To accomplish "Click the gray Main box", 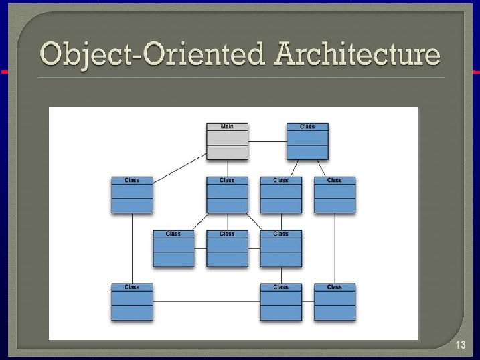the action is pyautogui.click(x=227, y=142).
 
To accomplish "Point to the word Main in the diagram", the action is pyautogui.click(x=227, y=126).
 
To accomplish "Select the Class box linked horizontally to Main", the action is pyautogui.click(x=307, y=142).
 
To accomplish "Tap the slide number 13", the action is pyautogui.click(x=460, y=345).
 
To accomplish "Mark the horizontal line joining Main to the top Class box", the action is pyautogui.click(x=267, y=141).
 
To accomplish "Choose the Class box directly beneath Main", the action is pyautogui.click(x=227, y=195).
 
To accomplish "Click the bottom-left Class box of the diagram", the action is pyautogui.click(x=132, y=302).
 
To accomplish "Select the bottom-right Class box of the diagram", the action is pyautogui.click(x=335, y=302).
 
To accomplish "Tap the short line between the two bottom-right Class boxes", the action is pyautogui.click(x=308, y=302).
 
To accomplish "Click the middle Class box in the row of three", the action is pyautogui.click(x=227, y=249).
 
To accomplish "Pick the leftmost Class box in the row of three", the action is pyautogui.click(x=173, y=249).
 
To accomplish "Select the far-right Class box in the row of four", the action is pyautogui.click(x=335, y=195).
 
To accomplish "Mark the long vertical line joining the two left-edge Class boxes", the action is pyautogui.click(x=132, y=248).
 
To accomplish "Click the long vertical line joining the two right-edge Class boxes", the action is pyautogui.click(x=335, y=248).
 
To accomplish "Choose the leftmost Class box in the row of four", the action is pyautogui.click(x=132, y=195).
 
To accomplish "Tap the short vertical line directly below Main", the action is pyautogui.click(x=227, y=169).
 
